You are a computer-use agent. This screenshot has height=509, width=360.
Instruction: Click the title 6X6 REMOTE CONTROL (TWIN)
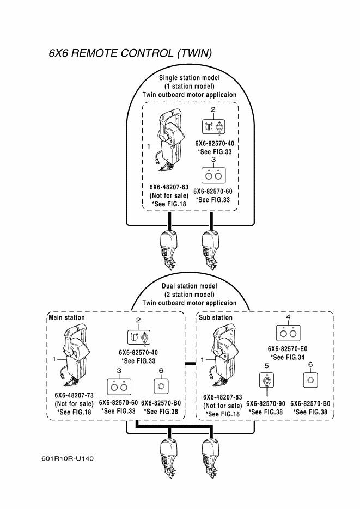point(130,53)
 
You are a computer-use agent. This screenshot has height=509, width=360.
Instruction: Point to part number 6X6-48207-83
point(223,397)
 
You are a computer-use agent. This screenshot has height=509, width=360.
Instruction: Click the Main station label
point(67,317)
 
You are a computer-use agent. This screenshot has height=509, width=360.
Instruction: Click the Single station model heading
point(189,77)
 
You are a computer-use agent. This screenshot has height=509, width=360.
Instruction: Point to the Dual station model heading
point(189,285)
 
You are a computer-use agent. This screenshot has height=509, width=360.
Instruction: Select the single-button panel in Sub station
point(310,379)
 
